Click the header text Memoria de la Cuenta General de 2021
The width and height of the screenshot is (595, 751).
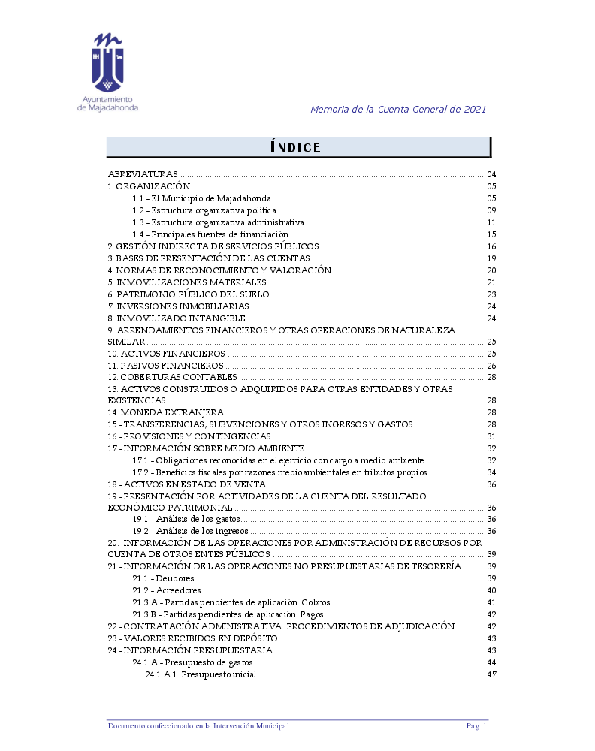(x=398, y=110)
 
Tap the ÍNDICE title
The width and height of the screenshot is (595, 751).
(x=295, y=148)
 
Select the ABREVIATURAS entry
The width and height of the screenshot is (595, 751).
(x=143, y=174)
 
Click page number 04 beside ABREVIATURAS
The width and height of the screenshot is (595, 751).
(x=492, y=174)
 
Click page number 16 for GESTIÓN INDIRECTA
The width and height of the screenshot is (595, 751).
(x=492, y=246)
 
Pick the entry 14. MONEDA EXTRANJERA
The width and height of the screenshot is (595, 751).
(x=166, y=412)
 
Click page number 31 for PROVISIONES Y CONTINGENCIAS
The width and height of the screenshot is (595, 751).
(x=492, y=436)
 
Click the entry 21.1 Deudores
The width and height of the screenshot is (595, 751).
(x=165, y=578)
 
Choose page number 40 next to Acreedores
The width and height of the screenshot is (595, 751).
(x=492, y=590)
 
